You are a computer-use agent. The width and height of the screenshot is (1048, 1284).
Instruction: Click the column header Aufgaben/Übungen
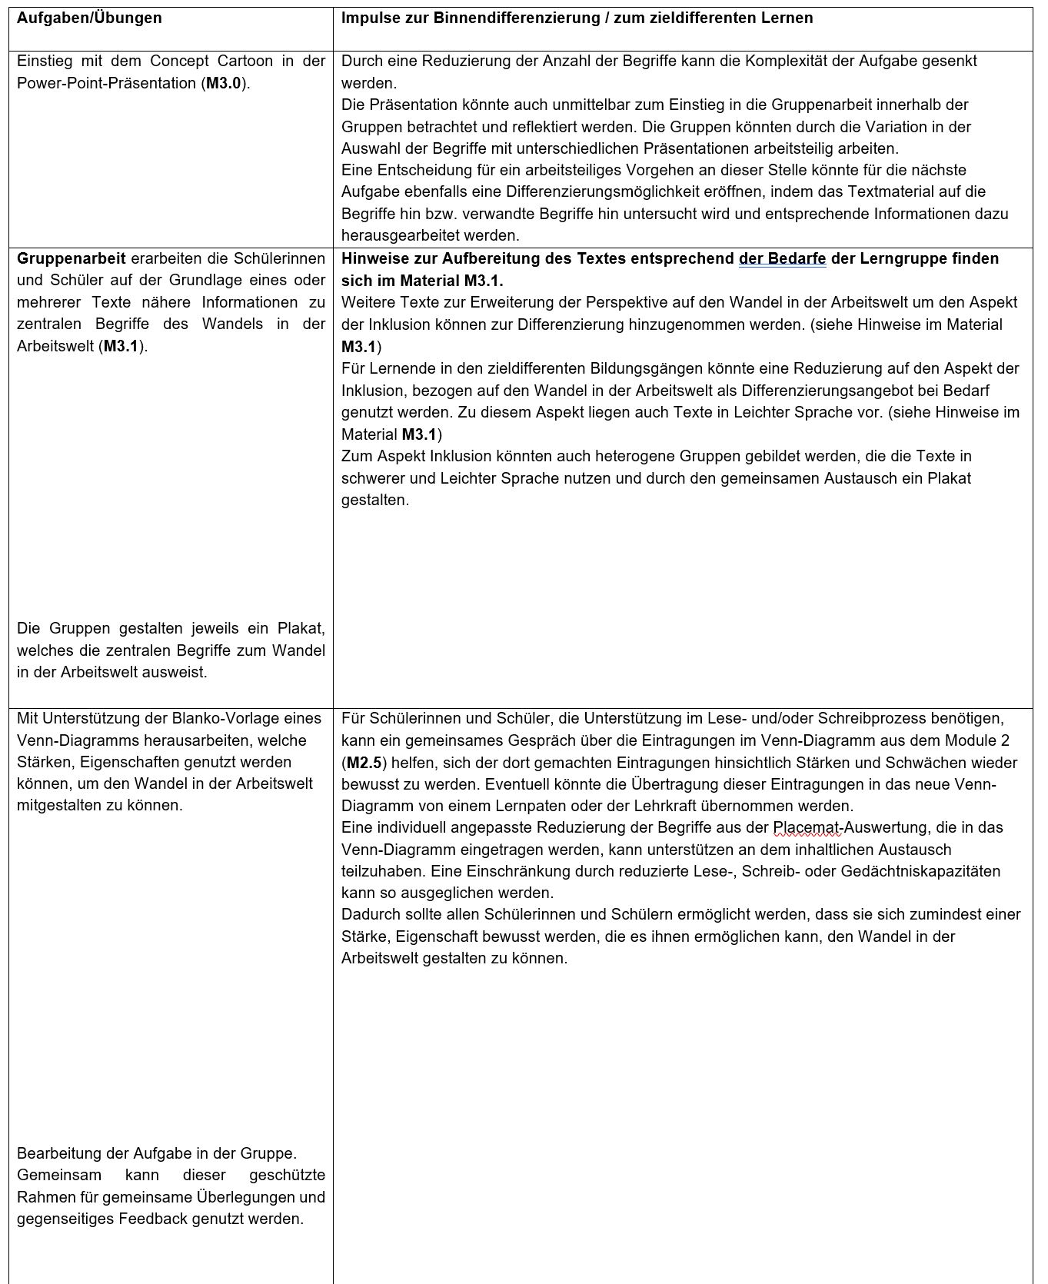coord(89,18)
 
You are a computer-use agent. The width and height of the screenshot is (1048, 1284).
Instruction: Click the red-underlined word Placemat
coord(807,828)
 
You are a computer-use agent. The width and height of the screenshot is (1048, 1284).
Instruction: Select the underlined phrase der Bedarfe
coord(782,258)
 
